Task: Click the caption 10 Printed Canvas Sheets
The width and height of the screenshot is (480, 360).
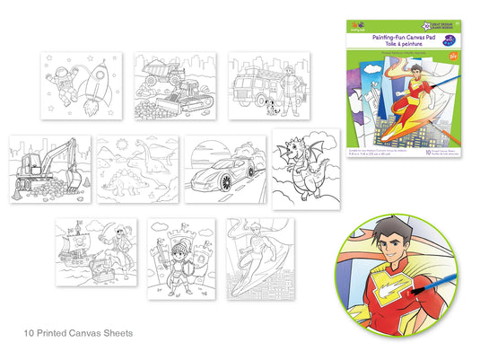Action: tap(79, 333)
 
